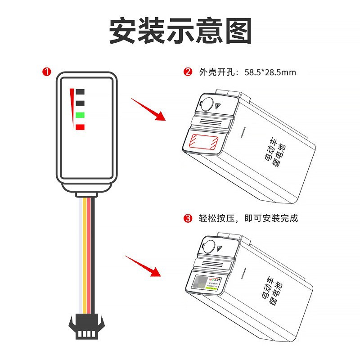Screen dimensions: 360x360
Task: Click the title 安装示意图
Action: pos(180,31)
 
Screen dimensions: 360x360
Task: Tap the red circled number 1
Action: pos(46,72)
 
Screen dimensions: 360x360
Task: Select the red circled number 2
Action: pos(188,72)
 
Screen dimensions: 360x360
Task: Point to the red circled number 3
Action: pos(188,219)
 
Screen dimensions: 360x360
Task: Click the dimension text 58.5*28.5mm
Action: pos(270,72)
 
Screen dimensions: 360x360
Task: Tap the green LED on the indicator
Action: pos(81,115)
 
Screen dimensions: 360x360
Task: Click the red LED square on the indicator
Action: pos(81,127)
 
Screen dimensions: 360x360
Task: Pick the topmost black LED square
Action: pos(81,92)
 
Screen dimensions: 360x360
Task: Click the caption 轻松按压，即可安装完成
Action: pos(248,219)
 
